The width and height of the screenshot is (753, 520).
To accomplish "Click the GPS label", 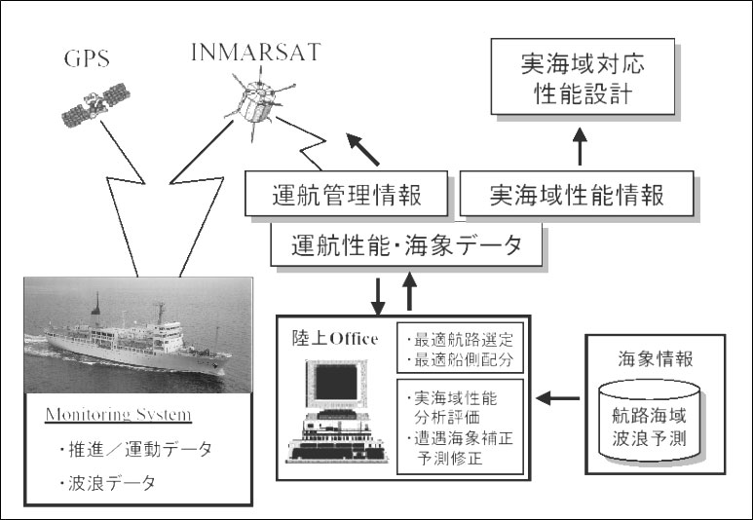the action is point(87,58).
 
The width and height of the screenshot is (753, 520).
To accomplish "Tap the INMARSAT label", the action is point(256,53).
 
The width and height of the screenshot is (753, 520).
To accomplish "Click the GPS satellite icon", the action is point(96,104).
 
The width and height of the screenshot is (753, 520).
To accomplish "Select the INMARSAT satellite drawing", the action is point(258,102).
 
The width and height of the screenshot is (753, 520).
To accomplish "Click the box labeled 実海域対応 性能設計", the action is point(583,77).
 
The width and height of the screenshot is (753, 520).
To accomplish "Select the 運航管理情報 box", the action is point(346,194).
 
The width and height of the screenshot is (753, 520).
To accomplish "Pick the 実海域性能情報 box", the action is point(577,194).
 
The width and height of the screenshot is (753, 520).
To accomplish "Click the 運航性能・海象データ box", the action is point(406,244).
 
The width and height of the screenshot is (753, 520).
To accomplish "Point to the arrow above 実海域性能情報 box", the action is point(581,146).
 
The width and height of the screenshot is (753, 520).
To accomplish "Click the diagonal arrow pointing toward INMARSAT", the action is point(363,150).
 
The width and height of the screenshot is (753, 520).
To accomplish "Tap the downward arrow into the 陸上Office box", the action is point(378,297).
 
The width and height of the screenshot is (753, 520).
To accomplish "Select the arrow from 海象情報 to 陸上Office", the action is point(557,398).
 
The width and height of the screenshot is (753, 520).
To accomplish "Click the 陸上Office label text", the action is point(335,339).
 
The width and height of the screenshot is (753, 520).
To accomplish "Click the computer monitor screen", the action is point(336,382).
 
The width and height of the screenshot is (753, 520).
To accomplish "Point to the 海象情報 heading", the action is point(655,358).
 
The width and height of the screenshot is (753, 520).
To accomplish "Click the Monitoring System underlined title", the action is point(119,415).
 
